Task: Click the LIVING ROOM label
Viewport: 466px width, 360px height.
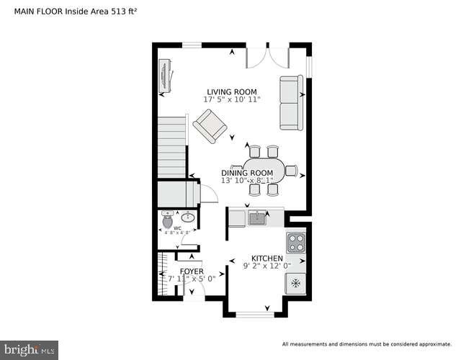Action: (x=231, y=91)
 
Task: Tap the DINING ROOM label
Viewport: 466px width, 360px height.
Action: (x=247, y=173)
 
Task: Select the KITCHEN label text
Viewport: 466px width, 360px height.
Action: (x=266, y=258)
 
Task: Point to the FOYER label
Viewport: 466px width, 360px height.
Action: (x=192, y=271)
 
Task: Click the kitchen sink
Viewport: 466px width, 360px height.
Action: (x=256, y=217)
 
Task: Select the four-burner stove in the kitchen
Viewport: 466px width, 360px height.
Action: (x=295, y=242)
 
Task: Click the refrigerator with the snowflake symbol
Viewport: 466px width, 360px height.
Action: (x=295, y=284)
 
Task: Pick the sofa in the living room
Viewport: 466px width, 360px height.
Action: (x=292, y=103)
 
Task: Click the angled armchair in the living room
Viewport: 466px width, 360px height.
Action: (x=210, y=127)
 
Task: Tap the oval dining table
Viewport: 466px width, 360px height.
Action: (x=262, y=170)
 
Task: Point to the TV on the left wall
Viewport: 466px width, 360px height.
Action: (x=165, y=74)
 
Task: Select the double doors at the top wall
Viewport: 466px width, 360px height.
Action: (x=267, y=56)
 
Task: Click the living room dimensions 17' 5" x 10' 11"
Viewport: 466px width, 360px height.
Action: (x=231, y=100)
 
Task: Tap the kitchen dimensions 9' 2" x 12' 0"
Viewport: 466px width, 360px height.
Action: (x=266, y=266)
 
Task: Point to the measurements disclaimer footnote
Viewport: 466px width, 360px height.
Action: (x=367, y=343)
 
